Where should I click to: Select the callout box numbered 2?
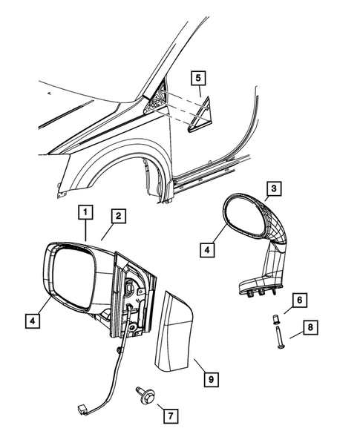(117, 216)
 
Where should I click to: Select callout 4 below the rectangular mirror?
(32, 321)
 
